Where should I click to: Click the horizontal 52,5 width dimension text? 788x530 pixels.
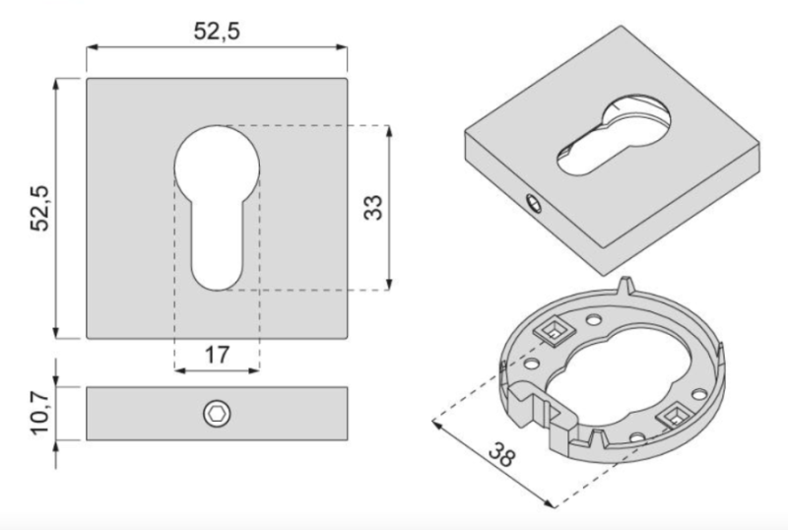pos(217,31)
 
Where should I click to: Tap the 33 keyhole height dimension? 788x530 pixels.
pos(371,207)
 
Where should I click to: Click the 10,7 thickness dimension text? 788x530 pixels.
pos(40,414)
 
